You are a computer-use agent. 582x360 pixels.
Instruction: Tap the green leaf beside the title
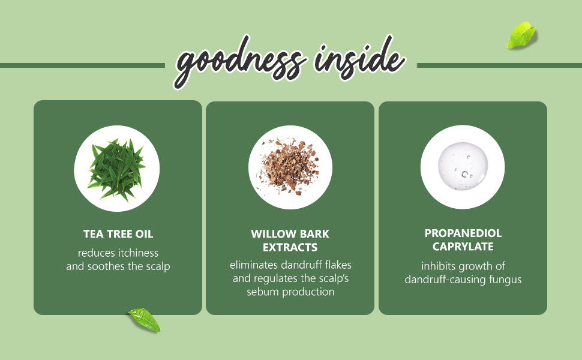[x=521, y=35]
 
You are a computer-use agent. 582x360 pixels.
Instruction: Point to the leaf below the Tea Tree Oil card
[x=145, y=319]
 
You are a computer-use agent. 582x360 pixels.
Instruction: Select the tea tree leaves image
[x=117, y=169]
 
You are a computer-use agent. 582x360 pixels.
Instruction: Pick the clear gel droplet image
[x=463, y=166]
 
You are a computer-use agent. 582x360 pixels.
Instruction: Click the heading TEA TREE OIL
[x=118, y=234]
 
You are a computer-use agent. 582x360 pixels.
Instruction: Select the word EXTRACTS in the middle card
[x=290, y=248]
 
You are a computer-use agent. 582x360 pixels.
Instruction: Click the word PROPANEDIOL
[x=463, y=233]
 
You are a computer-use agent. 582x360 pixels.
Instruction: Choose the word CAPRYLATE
[x=463, y=247]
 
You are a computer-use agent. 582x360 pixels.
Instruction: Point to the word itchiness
[x=138, y=253]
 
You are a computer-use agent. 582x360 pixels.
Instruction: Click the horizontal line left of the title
[x=82, y=65]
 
